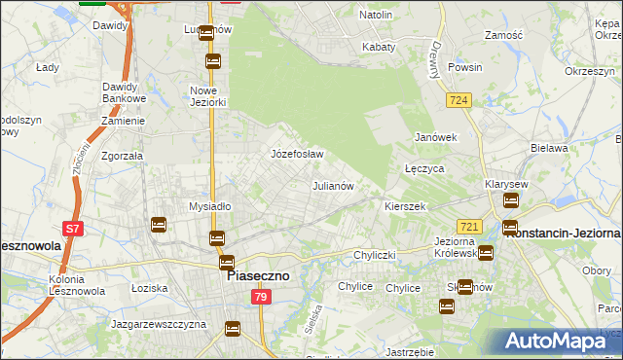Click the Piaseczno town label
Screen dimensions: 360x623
coord(258,276)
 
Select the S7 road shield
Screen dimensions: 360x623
coord(72,230)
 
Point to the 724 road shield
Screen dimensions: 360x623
coord(459,100)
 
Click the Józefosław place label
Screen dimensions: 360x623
coord(296,154)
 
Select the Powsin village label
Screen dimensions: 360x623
coord(464,68)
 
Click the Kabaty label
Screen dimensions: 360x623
coord(379,47)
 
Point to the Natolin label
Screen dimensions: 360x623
coord(376,16)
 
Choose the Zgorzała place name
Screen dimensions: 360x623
coord(123,155)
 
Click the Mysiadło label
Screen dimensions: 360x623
coord(208,206)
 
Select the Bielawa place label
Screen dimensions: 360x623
coord(549,148)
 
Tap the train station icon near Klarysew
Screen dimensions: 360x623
coord(510,201)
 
